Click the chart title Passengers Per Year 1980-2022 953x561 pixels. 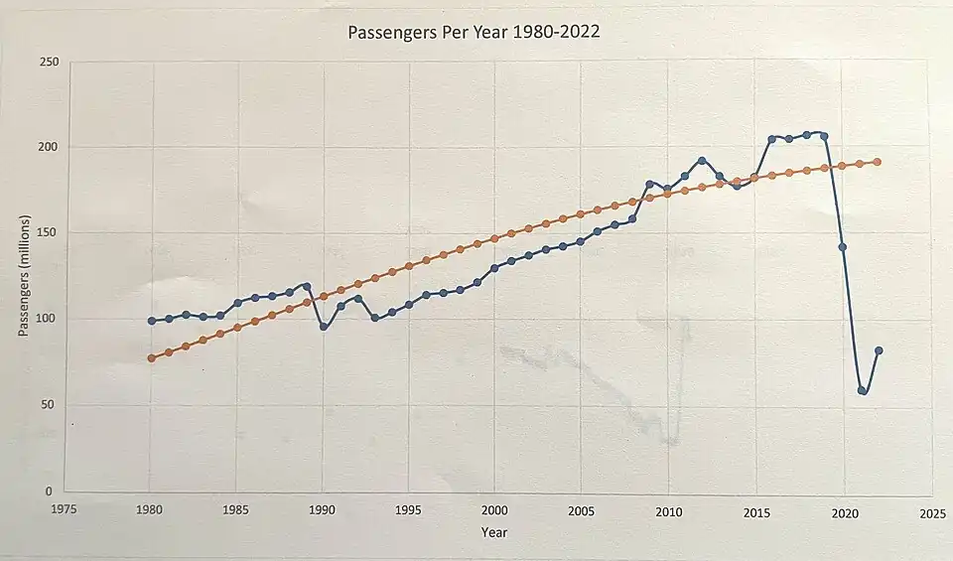pos(474,32)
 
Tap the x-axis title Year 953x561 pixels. pos(493,533)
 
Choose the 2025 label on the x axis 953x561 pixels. pos(931,513)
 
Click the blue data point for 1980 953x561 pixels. pos(152,321)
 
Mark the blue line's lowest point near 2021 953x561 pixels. pos(862,390)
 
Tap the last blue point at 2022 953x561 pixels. pos(879,351)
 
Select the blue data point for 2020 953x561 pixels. pos(843,247)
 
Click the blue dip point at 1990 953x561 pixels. pos(324,327)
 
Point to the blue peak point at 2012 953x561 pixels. pos(702,161)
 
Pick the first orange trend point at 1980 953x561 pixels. pos(152,358)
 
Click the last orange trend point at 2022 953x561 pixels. pos(878,162)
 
